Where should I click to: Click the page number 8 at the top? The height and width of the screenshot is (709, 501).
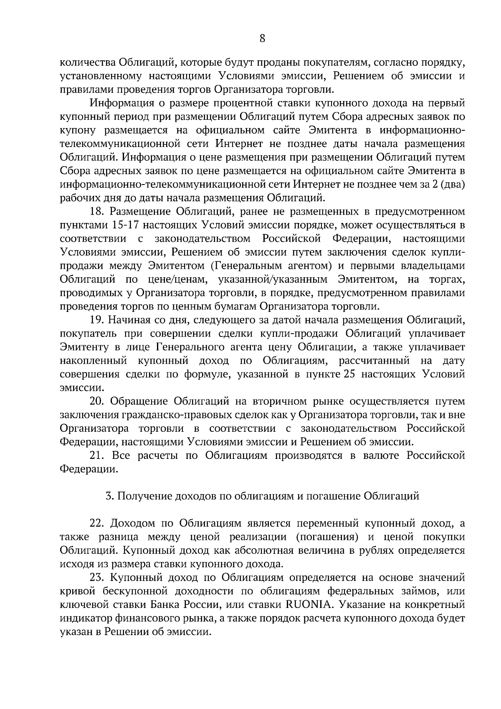coord(262,39)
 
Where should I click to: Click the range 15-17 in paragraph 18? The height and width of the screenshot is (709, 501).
coord(126,225)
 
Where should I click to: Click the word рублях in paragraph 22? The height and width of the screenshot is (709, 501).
coord(379,550)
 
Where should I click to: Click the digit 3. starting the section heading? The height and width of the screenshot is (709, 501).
coord(109,496)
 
